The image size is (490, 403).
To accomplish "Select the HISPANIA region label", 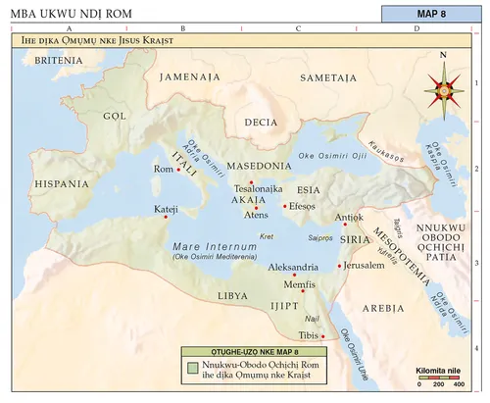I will [x=62, y=183].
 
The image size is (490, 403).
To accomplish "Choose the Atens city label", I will [x=256, y=215].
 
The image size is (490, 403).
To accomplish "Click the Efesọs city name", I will [x=303, y=207].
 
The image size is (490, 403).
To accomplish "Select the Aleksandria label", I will [x=294, y=267].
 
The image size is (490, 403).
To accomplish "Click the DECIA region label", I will [x=260, y=123].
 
